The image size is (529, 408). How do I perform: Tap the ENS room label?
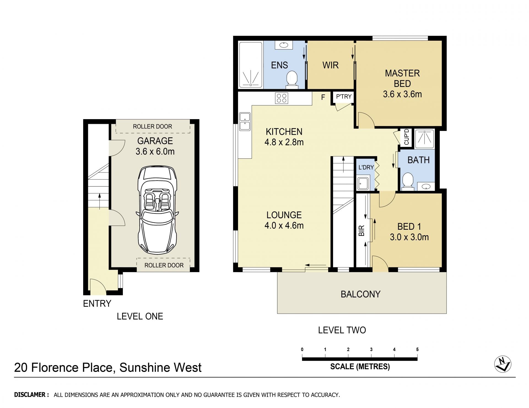[x=279, y=65]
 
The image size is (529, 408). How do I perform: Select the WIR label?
[x=330, y=65]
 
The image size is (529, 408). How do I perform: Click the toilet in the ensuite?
[x=292, y=80]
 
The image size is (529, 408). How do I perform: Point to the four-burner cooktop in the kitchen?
[x=282, y=98]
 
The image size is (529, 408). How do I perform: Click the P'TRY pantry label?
[x=344, y=97]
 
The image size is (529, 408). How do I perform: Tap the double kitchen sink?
[x=245, y=121]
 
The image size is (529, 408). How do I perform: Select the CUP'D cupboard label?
[x=406, y=137]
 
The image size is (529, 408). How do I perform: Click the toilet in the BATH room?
[x=408, y=182]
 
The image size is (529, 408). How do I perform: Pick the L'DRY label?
[x=366, y=167]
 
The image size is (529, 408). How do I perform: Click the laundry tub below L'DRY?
[x=363, y=184]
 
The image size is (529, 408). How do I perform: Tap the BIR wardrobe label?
[x=361, y=231]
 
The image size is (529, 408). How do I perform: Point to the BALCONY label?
[x=360, y=294]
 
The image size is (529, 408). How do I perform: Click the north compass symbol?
[x=503, y=365]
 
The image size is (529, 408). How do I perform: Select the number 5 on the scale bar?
[x=417, y=349]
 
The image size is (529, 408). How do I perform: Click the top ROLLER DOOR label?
[x=152, y=127]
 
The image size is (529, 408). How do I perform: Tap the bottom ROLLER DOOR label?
[x=164, y=265]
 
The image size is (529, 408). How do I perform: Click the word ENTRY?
[x=97, y=303]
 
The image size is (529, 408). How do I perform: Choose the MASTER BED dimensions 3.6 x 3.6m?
[x=402, y=94]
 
